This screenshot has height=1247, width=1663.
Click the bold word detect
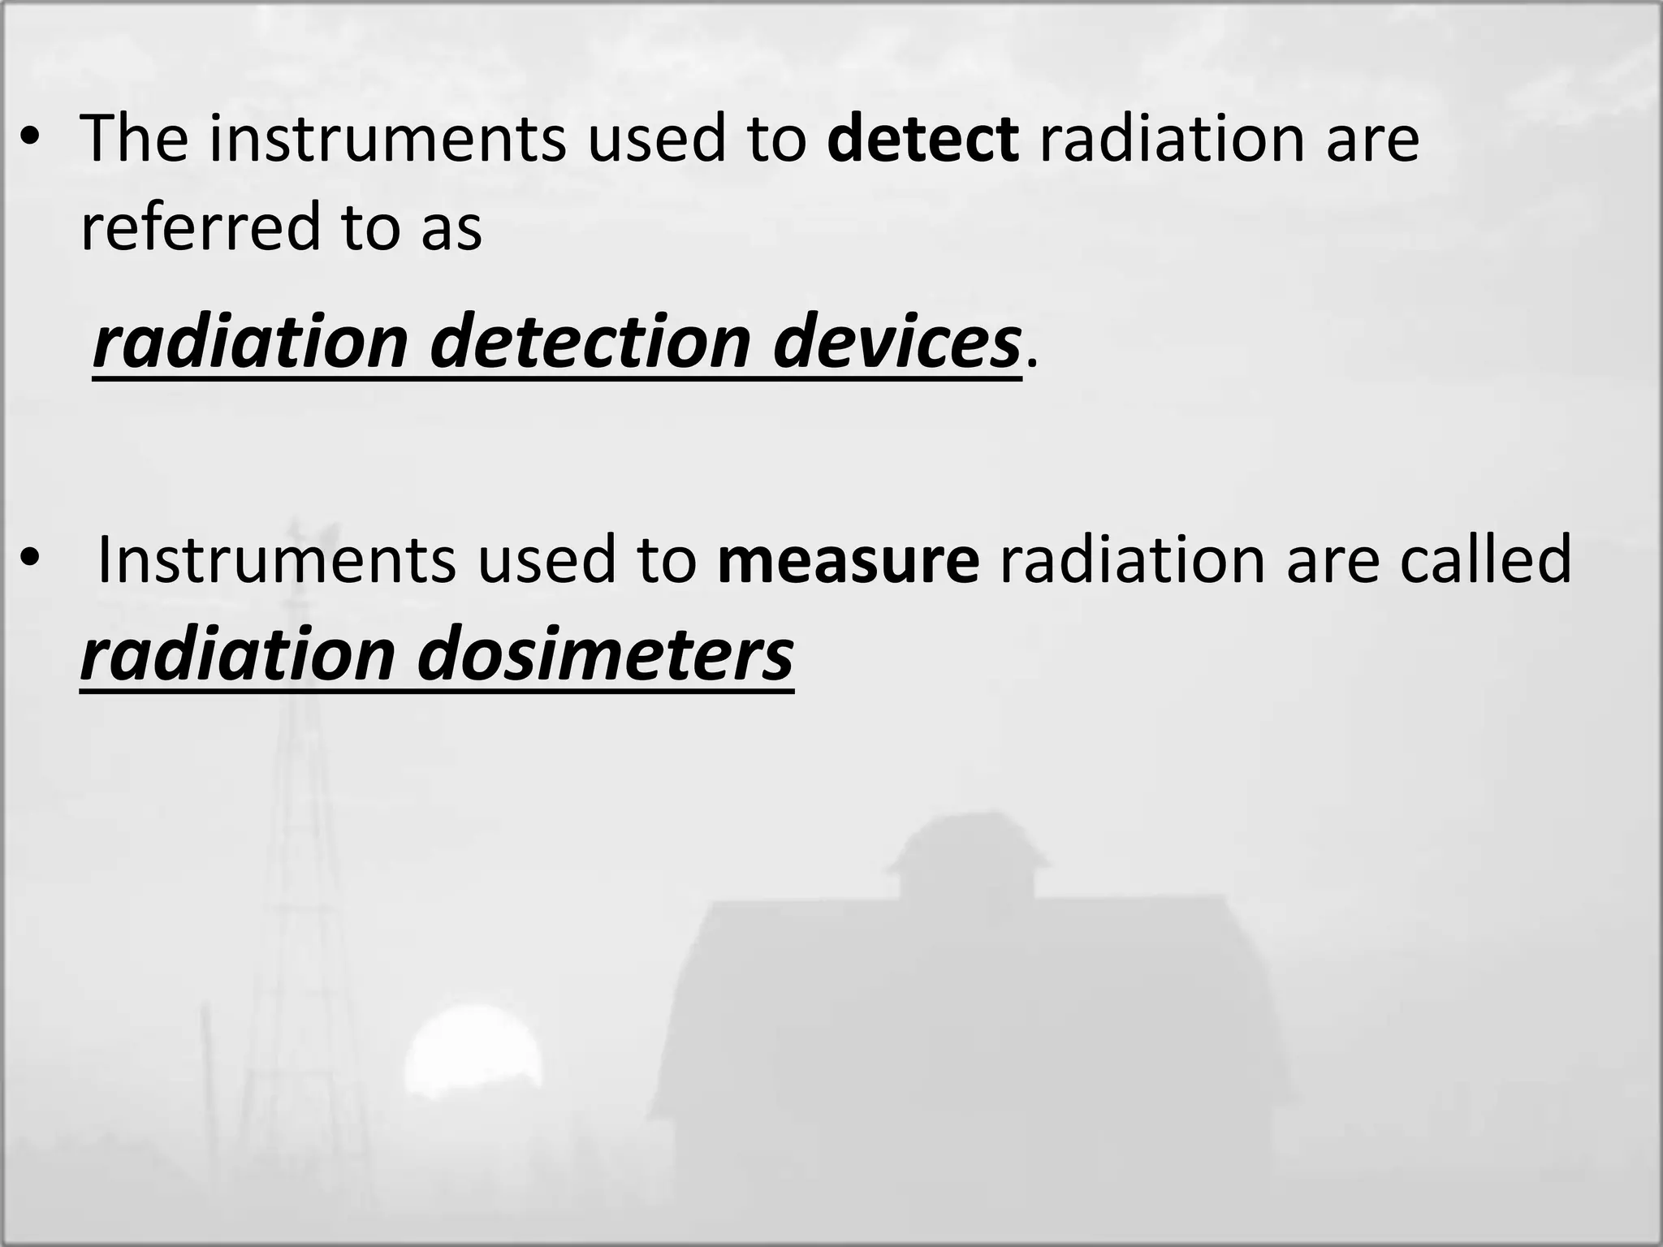[922, 139]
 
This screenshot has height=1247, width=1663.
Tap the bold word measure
[849, 559]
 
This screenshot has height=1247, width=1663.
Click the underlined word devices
[896, 343]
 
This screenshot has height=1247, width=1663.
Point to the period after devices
[1031, 361]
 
